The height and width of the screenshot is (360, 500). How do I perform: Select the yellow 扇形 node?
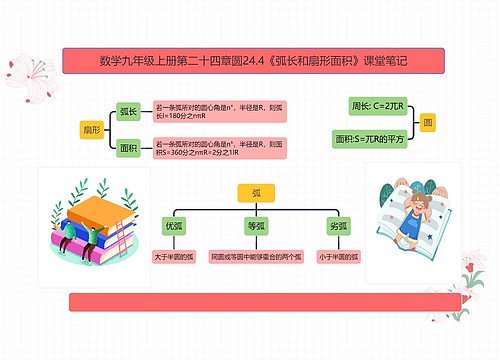point(91,129)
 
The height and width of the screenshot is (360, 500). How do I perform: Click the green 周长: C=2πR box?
point(371,104)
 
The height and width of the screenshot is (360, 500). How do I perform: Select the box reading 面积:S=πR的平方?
point(371,139)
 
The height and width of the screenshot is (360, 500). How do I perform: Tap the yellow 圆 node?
point(428,121)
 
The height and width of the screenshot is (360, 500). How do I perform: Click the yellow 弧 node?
point(256,193)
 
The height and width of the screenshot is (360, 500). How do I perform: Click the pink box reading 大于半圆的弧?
point(174,257)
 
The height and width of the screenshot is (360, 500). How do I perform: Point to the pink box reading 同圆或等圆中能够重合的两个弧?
point(256,257)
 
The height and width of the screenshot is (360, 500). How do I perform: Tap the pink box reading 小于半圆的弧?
point(337,257)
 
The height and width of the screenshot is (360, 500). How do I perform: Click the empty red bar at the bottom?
point(264,301)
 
